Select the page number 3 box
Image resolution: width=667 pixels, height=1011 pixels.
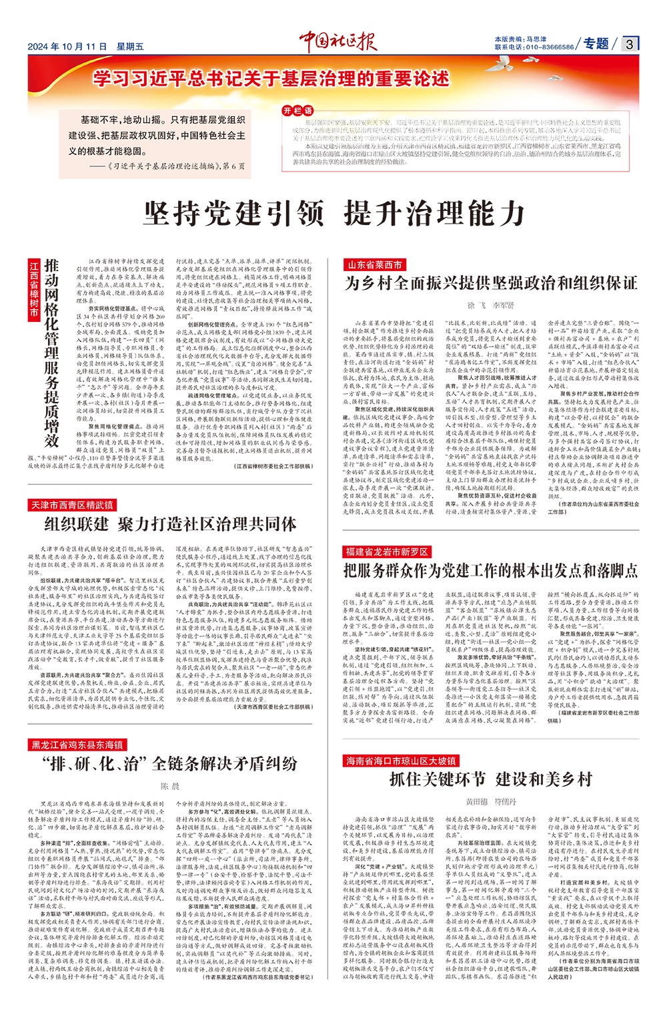[630, 45]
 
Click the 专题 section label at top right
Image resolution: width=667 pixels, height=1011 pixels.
[596, 44]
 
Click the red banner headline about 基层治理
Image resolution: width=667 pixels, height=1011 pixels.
[271, 79]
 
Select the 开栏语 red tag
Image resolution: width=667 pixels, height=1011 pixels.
[297, 111]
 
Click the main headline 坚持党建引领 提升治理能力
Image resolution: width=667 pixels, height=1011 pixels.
[334, 214]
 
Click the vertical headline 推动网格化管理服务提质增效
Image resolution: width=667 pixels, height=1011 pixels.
[51, 353]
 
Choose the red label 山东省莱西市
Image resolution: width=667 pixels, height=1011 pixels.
[374, 265]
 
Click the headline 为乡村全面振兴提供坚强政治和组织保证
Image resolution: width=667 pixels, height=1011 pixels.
[491, 283]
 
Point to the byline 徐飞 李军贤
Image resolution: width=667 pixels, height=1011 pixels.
[490, 305]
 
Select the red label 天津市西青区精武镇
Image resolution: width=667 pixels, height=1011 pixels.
[73, 505]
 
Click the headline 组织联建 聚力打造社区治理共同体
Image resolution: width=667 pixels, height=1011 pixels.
[170, 524]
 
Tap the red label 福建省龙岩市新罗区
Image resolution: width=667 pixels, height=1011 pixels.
[387, 552]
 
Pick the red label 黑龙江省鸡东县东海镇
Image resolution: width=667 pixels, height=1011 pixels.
[77, 745]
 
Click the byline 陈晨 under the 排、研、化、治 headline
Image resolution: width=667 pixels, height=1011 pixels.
[170, 787]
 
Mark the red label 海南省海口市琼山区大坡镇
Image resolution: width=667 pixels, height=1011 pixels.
[401, 761]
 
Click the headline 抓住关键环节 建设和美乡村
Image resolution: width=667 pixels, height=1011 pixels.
[490, 779]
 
